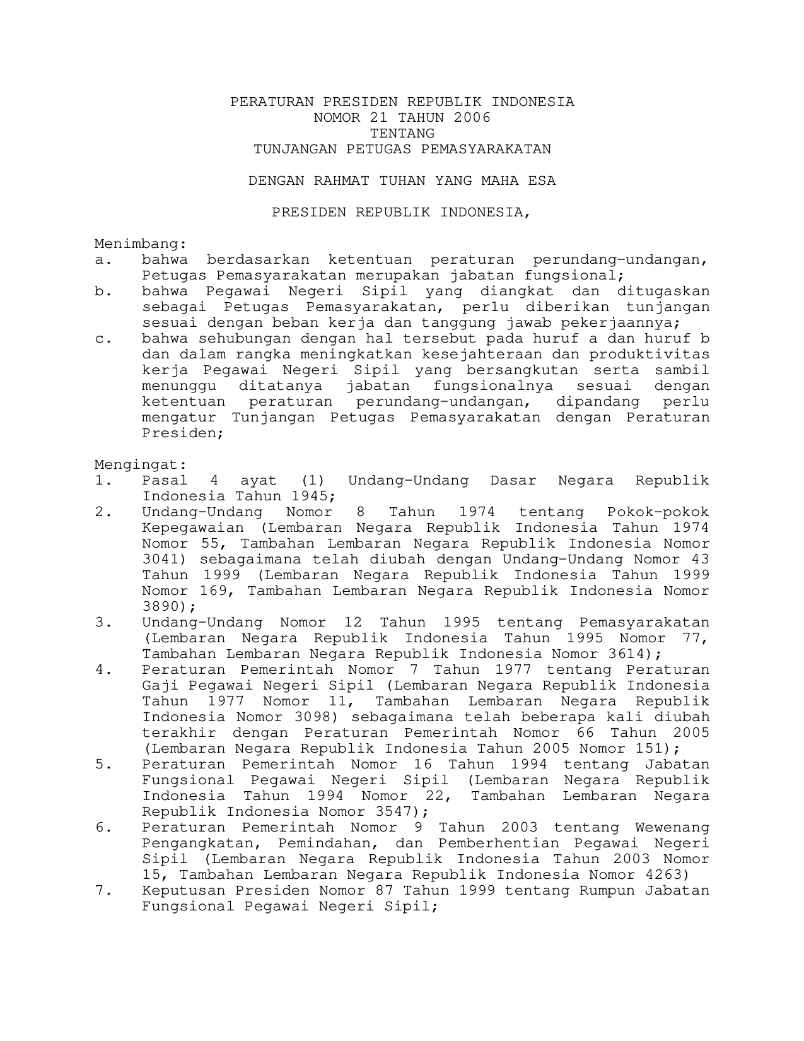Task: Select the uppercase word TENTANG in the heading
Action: [x=402, y=134]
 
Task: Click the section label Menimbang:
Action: [x=141, y=244]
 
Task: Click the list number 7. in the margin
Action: [x=103, y=891]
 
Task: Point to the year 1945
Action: [x=312, y=497]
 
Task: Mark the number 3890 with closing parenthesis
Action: [x=166, y=607]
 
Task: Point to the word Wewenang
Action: [x=672, y=828]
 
